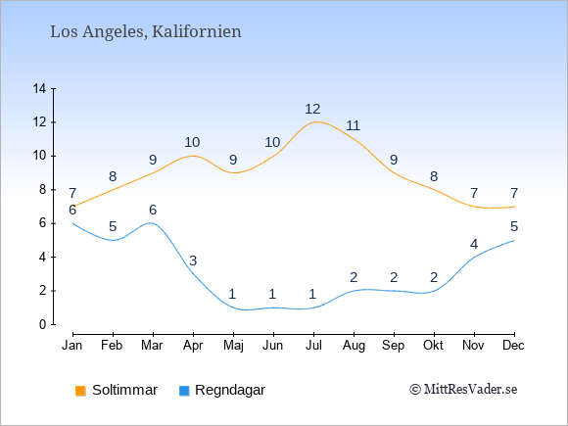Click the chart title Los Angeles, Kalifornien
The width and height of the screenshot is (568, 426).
pyautogui.click(x=146, y=32)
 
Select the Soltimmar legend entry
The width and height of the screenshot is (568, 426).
pyautogui.click(x=117, y=390)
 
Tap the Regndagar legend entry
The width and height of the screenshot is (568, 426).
pyautogui.click(x=222, y=390)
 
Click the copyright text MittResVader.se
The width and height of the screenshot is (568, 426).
pyautogui.click(x=463, y=390)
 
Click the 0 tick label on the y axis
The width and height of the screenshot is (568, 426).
pyautogui.click(x=43, y=324)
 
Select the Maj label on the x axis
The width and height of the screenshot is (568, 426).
pyautogui.click(x=233, y=346)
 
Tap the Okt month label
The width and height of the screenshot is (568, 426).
pyautogui.click(x=433, y=346)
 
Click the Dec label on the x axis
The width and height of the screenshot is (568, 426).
pyautogui.click(x=513, y=346)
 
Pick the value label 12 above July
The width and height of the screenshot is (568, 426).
pyautogui.click(x=312, y=109)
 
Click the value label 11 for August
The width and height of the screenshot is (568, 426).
pyautogui.click(x=353, y=125)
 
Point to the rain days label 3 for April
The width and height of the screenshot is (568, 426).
pyautogui.click(x=193, y=260)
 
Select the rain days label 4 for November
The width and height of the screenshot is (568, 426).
pyautogui.click(x=474, y=244)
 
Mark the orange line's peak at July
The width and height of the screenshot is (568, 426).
pyautogui.click(x=313, y=122)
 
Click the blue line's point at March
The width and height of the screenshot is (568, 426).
pyautogui.click(x=153, y=223)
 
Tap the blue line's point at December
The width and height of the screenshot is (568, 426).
pyautogui.click(x=514, y=240)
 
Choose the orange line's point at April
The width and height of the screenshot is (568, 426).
pyautogui.click(x=194, y=156)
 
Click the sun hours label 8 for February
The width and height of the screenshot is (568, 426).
pyautogui.click(x=113, y=176)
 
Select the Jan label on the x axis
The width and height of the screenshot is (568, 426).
pyautogui.click(x=72, y=346)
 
